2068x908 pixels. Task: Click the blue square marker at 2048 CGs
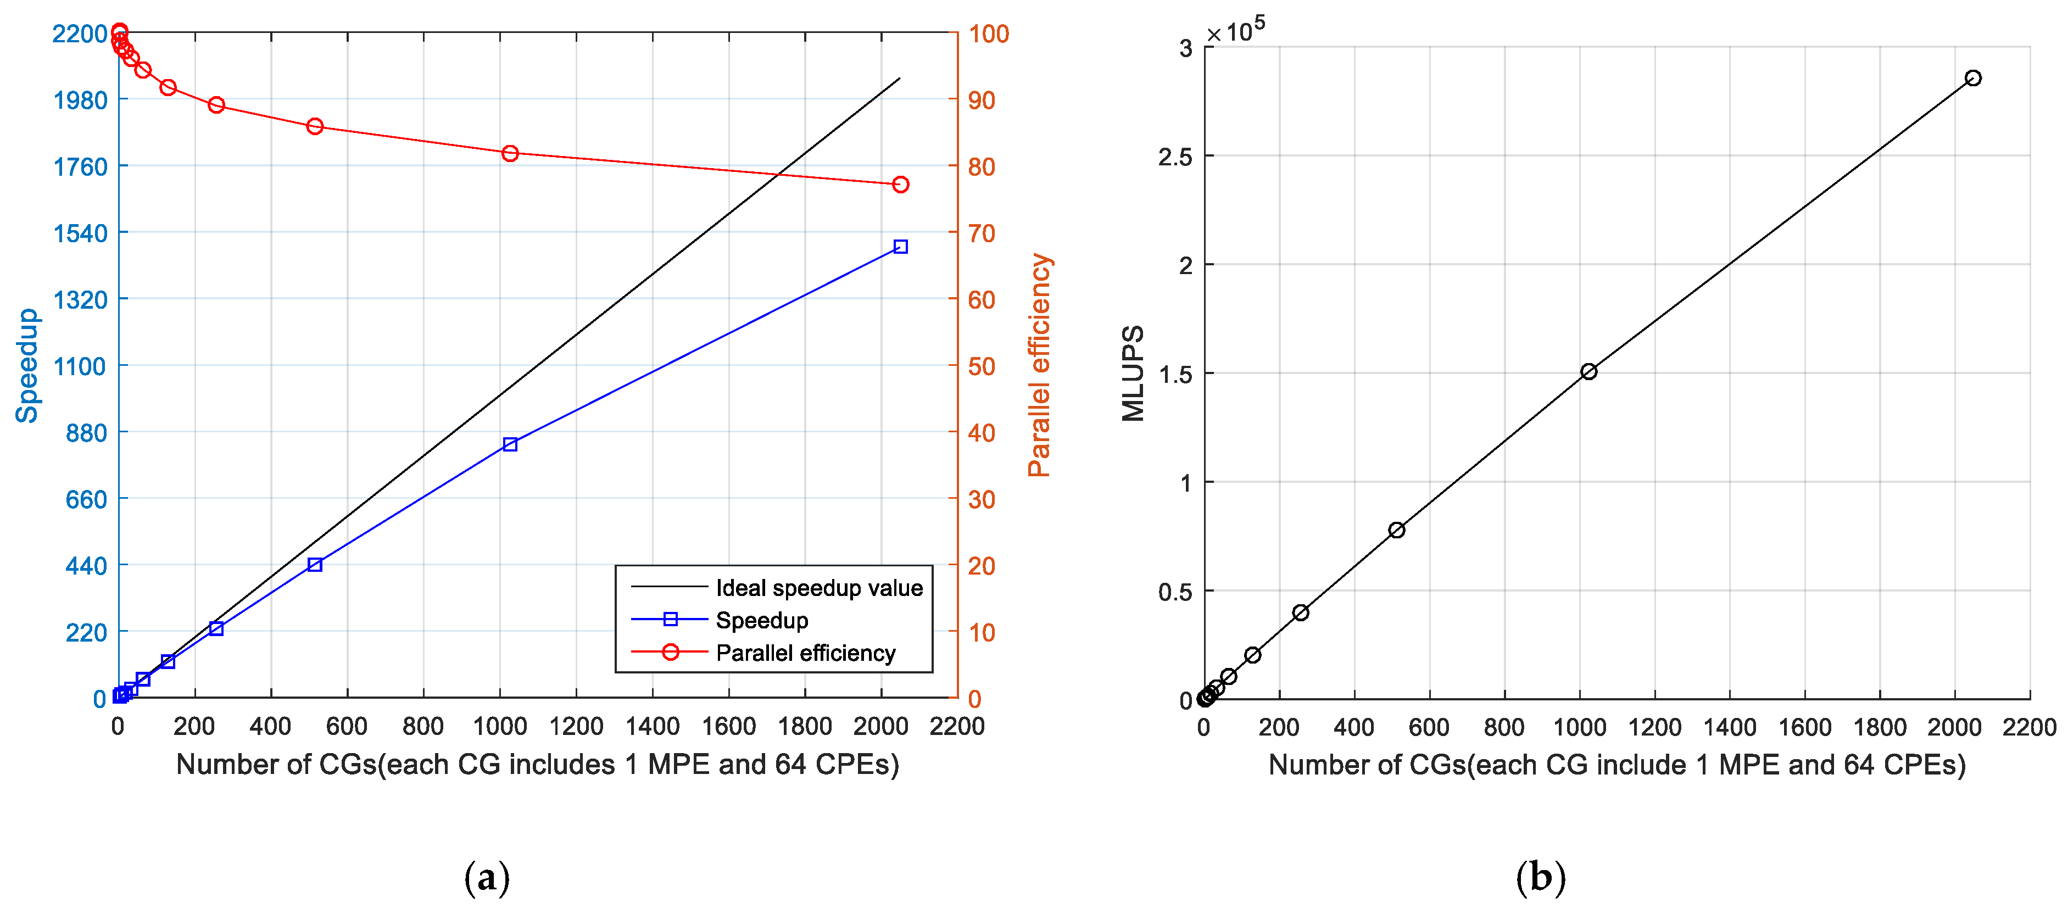[900, 247]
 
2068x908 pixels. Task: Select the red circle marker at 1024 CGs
[510, 153]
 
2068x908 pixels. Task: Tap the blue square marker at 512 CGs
[315, 564]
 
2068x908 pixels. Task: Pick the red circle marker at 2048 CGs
[900, 185]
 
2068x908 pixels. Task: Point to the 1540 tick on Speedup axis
[80, 233]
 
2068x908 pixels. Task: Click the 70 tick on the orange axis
[981, 233]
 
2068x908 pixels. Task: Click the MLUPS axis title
[1133, 374]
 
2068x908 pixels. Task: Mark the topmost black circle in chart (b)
[1972, 78]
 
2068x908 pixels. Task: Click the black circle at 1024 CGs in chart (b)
[1588, 371]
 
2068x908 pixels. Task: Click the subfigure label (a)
[487, 877]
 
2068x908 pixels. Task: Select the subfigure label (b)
[1540, 877]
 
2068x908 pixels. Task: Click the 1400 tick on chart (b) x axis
[1729, 727]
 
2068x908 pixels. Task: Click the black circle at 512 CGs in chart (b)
[1396, 530]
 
